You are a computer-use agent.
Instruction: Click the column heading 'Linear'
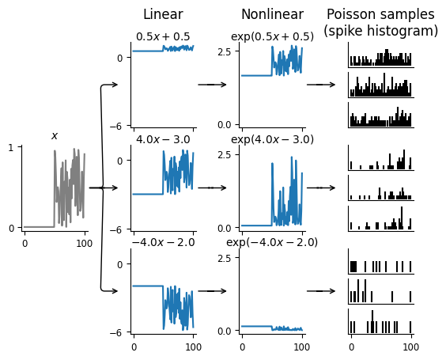(163, 14)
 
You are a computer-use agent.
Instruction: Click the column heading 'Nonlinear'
(272, 14)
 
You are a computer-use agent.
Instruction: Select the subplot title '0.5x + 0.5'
(163, 36)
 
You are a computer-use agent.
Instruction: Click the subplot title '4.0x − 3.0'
(163, 140)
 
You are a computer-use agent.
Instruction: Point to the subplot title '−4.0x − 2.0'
(163, 243)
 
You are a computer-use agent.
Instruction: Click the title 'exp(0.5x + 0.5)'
(272, 36)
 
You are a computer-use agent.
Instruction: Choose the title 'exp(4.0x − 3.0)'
(272, 140)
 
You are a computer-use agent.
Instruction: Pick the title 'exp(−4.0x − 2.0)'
(272, 243)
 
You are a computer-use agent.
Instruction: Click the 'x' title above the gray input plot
(55, 136)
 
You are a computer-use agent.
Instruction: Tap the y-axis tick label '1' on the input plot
(11, 147)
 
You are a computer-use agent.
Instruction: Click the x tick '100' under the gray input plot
(85, 244)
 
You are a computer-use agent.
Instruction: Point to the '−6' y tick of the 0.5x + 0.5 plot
(115, 126)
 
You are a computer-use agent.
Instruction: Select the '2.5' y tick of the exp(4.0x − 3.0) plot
(224, 154)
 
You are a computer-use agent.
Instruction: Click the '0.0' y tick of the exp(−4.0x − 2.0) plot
(224, 332)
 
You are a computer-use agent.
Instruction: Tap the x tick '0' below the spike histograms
(352, 347)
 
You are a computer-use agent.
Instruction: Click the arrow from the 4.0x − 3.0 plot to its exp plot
(212, 188)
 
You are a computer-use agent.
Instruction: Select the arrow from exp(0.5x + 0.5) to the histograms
(321, 85)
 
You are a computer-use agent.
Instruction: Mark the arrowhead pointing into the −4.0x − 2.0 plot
(115, 291)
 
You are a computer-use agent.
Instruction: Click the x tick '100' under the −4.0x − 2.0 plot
(194, 347)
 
